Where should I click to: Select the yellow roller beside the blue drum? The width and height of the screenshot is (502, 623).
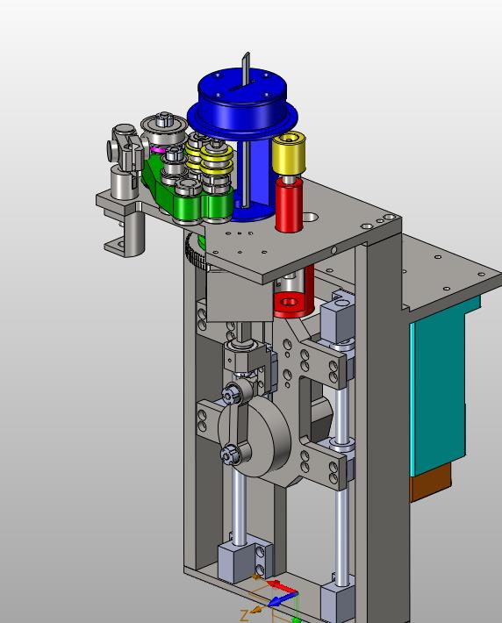[289, 154]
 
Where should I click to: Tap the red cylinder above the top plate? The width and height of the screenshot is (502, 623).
[289, 204]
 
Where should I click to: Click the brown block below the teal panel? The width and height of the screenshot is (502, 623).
[430, 483]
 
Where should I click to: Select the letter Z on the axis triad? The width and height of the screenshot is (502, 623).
[245, 615]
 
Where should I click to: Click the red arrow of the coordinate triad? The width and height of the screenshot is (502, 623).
[282, 586]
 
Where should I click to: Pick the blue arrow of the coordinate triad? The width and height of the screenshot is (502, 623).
[283, 600]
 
